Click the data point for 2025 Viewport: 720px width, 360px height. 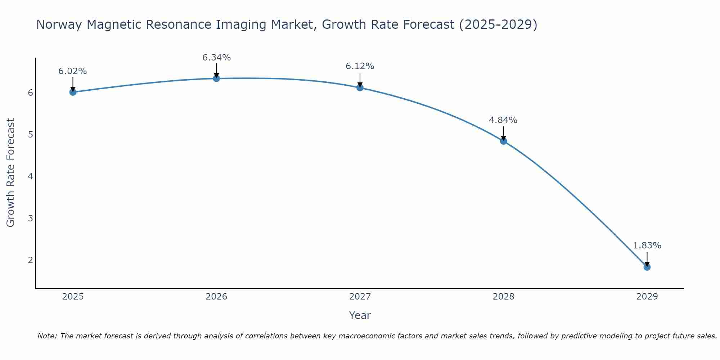(73, 92)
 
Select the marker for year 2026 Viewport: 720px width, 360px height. (216, 78)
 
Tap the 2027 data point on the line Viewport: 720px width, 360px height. (360, 88)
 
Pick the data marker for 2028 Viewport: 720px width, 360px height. (503, 141)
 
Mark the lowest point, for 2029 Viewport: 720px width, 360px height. (647, 267)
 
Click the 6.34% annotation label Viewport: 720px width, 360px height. (216, 58)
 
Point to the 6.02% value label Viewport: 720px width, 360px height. (73, 71)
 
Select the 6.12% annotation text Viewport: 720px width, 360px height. (360, 66)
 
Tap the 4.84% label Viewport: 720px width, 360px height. (503, 120)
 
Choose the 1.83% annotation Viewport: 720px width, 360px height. (647, 246)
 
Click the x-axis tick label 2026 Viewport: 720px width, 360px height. (216, 297)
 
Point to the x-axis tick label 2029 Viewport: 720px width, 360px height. (647, 297)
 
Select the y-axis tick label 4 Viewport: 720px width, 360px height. (30, 176)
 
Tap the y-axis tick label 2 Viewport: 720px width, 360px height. (30, 260)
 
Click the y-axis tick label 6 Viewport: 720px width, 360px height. (30, 93)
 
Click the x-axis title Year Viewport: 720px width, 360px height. (360, 315)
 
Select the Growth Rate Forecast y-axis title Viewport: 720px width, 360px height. (11, 173)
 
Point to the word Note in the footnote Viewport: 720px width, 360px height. (47, 336)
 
